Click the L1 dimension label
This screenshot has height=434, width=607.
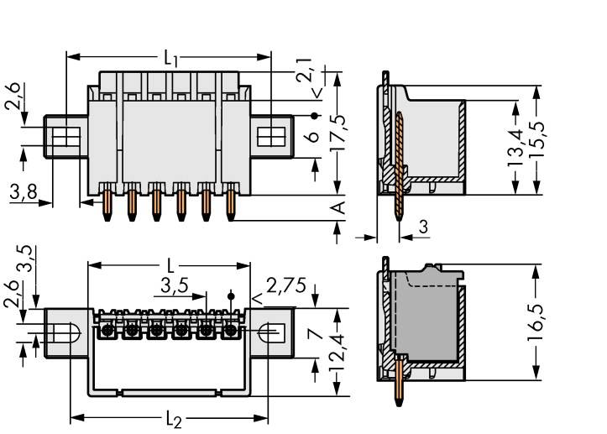click(x=170, y=59)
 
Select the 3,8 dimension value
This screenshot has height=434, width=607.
click(x=22, y=192)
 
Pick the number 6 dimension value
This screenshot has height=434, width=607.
click(x=313, y=138)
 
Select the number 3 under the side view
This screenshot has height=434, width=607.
click(x=423, y=227)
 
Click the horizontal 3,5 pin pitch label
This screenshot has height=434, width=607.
click(x=173, y=286)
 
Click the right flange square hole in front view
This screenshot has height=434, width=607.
click(x=270, y=135)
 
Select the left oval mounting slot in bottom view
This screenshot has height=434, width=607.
click(x=66, y=333)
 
